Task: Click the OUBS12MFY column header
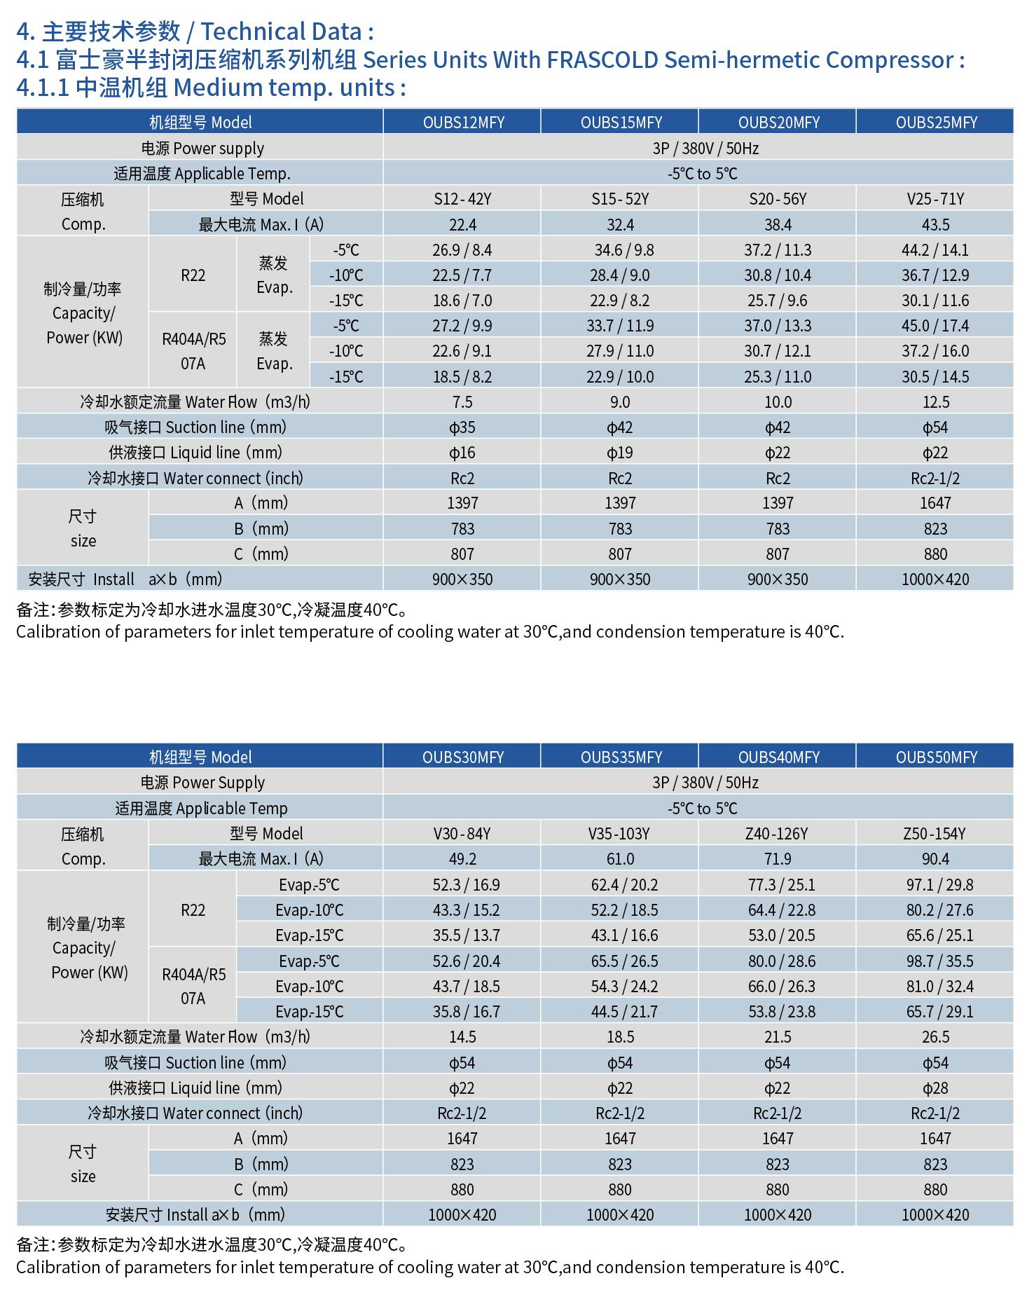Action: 462,122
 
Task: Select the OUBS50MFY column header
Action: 935,757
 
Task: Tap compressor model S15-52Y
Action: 620,199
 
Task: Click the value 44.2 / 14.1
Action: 935,250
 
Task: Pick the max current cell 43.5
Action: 935,225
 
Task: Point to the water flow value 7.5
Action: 462,402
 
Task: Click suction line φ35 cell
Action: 462,427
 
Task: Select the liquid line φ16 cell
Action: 462,453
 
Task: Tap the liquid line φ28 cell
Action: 935,1087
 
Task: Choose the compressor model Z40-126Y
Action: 777,833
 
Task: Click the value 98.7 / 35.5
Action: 935,961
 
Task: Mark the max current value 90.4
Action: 935,859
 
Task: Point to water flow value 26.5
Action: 935,1037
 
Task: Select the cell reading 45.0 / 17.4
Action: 935,326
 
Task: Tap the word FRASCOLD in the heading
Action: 602,60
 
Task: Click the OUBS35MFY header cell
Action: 621,757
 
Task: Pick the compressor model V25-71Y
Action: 935,199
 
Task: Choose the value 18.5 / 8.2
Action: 462,377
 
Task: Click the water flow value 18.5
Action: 620,1037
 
